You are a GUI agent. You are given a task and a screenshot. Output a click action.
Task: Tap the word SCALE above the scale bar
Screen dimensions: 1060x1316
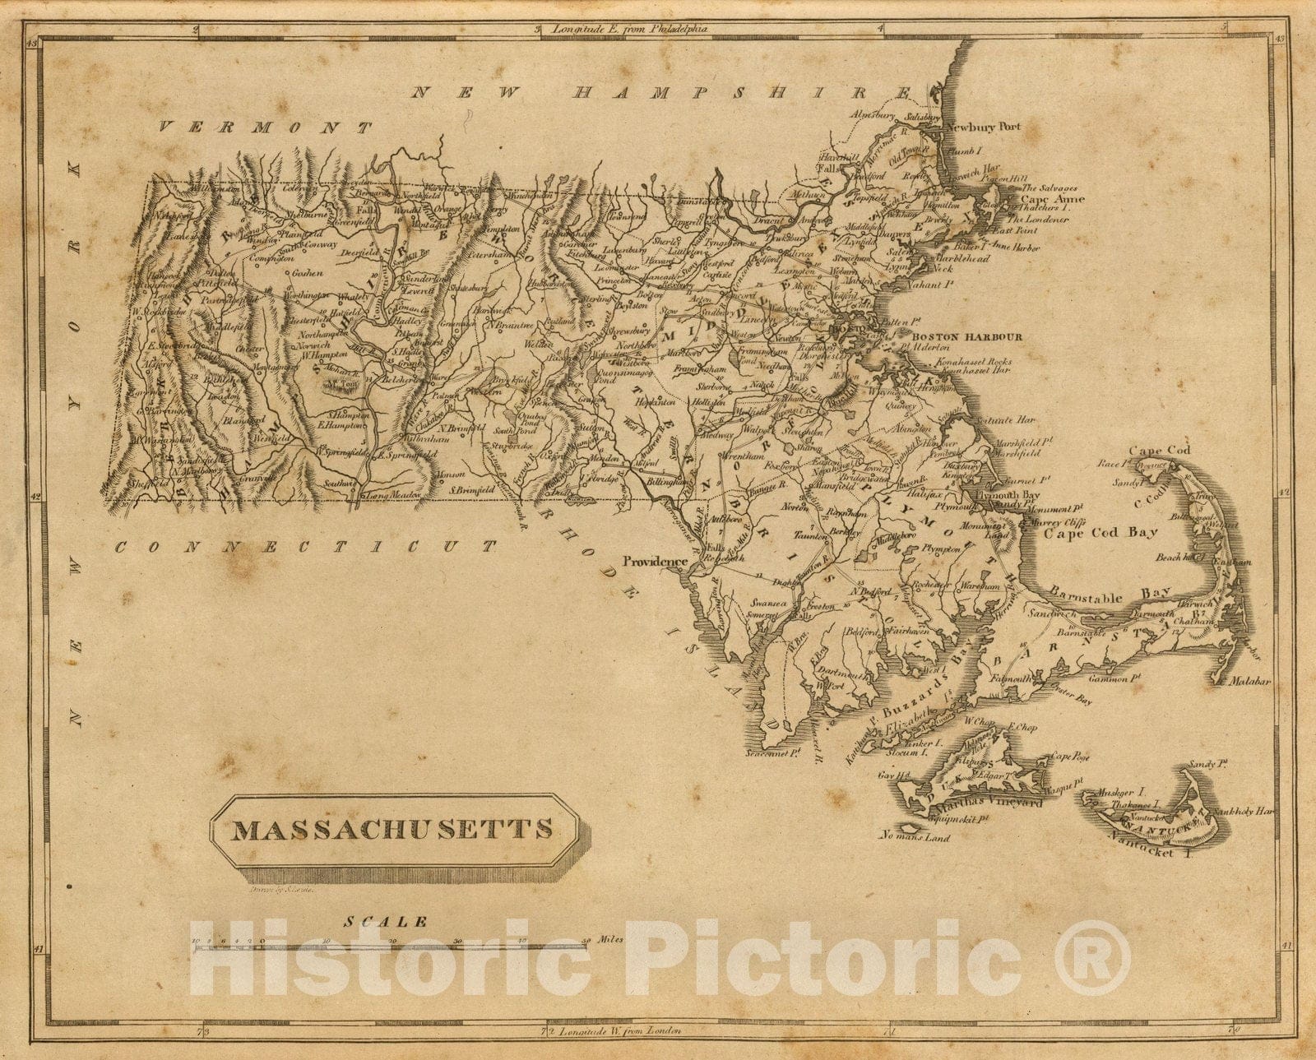[x=386, y=922]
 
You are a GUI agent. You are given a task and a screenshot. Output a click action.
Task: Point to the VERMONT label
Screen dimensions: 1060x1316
[x=265, y=127]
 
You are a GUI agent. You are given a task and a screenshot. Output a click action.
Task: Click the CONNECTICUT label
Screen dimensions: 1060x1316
[x=306, y=546]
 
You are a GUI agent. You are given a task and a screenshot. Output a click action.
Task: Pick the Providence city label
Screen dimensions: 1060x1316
[x=654, y=562]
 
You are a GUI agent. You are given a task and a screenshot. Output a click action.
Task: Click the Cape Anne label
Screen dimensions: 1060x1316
[x=1052, y=198]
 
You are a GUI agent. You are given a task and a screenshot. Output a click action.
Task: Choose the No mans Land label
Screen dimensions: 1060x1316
[x=913, y=838]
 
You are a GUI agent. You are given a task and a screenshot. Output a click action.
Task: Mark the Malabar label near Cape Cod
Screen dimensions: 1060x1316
[x=1251, y=681]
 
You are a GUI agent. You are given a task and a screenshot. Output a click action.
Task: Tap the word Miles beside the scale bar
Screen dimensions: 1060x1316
[x=609, y=939]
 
